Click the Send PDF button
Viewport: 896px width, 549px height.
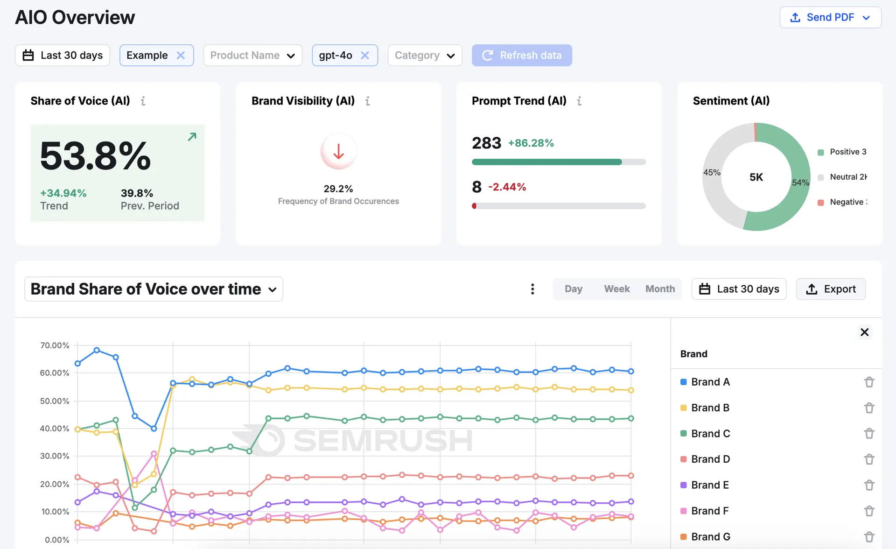tap(830, 17)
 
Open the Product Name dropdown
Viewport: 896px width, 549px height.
tap(252, 55)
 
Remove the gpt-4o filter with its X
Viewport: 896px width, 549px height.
tap(365, 55)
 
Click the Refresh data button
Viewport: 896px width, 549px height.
tap(521, 55)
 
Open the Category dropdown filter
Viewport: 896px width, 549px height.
tap(424, 55)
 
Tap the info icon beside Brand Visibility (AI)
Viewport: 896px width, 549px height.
tap(368, 101)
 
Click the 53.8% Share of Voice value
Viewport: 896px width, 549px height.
tap(96, 156)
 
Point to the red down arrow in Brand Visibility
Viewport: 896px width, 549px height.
tap(338, 151)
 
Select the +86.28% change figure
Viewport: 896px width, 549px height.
tap(531, 143)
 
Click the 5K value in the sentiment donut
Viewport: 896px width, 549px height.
tap(756, 177)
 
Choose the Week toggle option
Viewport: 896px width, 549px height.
tap(616, 289)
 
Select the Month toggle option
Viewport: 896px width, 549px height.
tap(660, 289)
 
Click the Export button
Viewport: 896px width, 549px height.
tap(831, 289)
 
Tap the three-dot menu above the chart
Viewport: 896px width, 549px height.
tap(532, 289)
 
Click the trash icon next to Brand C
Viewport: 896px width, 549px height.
tap(869, 433)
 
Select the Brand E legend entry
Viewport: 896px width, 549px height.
tap(709, 485)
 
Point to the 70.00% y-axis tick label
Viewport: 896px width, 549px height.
tap(55, 345)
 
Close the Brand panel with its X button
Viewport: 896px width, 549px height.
tap(864, 332)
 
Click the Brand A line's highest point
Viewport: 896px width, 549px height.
tap(97, 350)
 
